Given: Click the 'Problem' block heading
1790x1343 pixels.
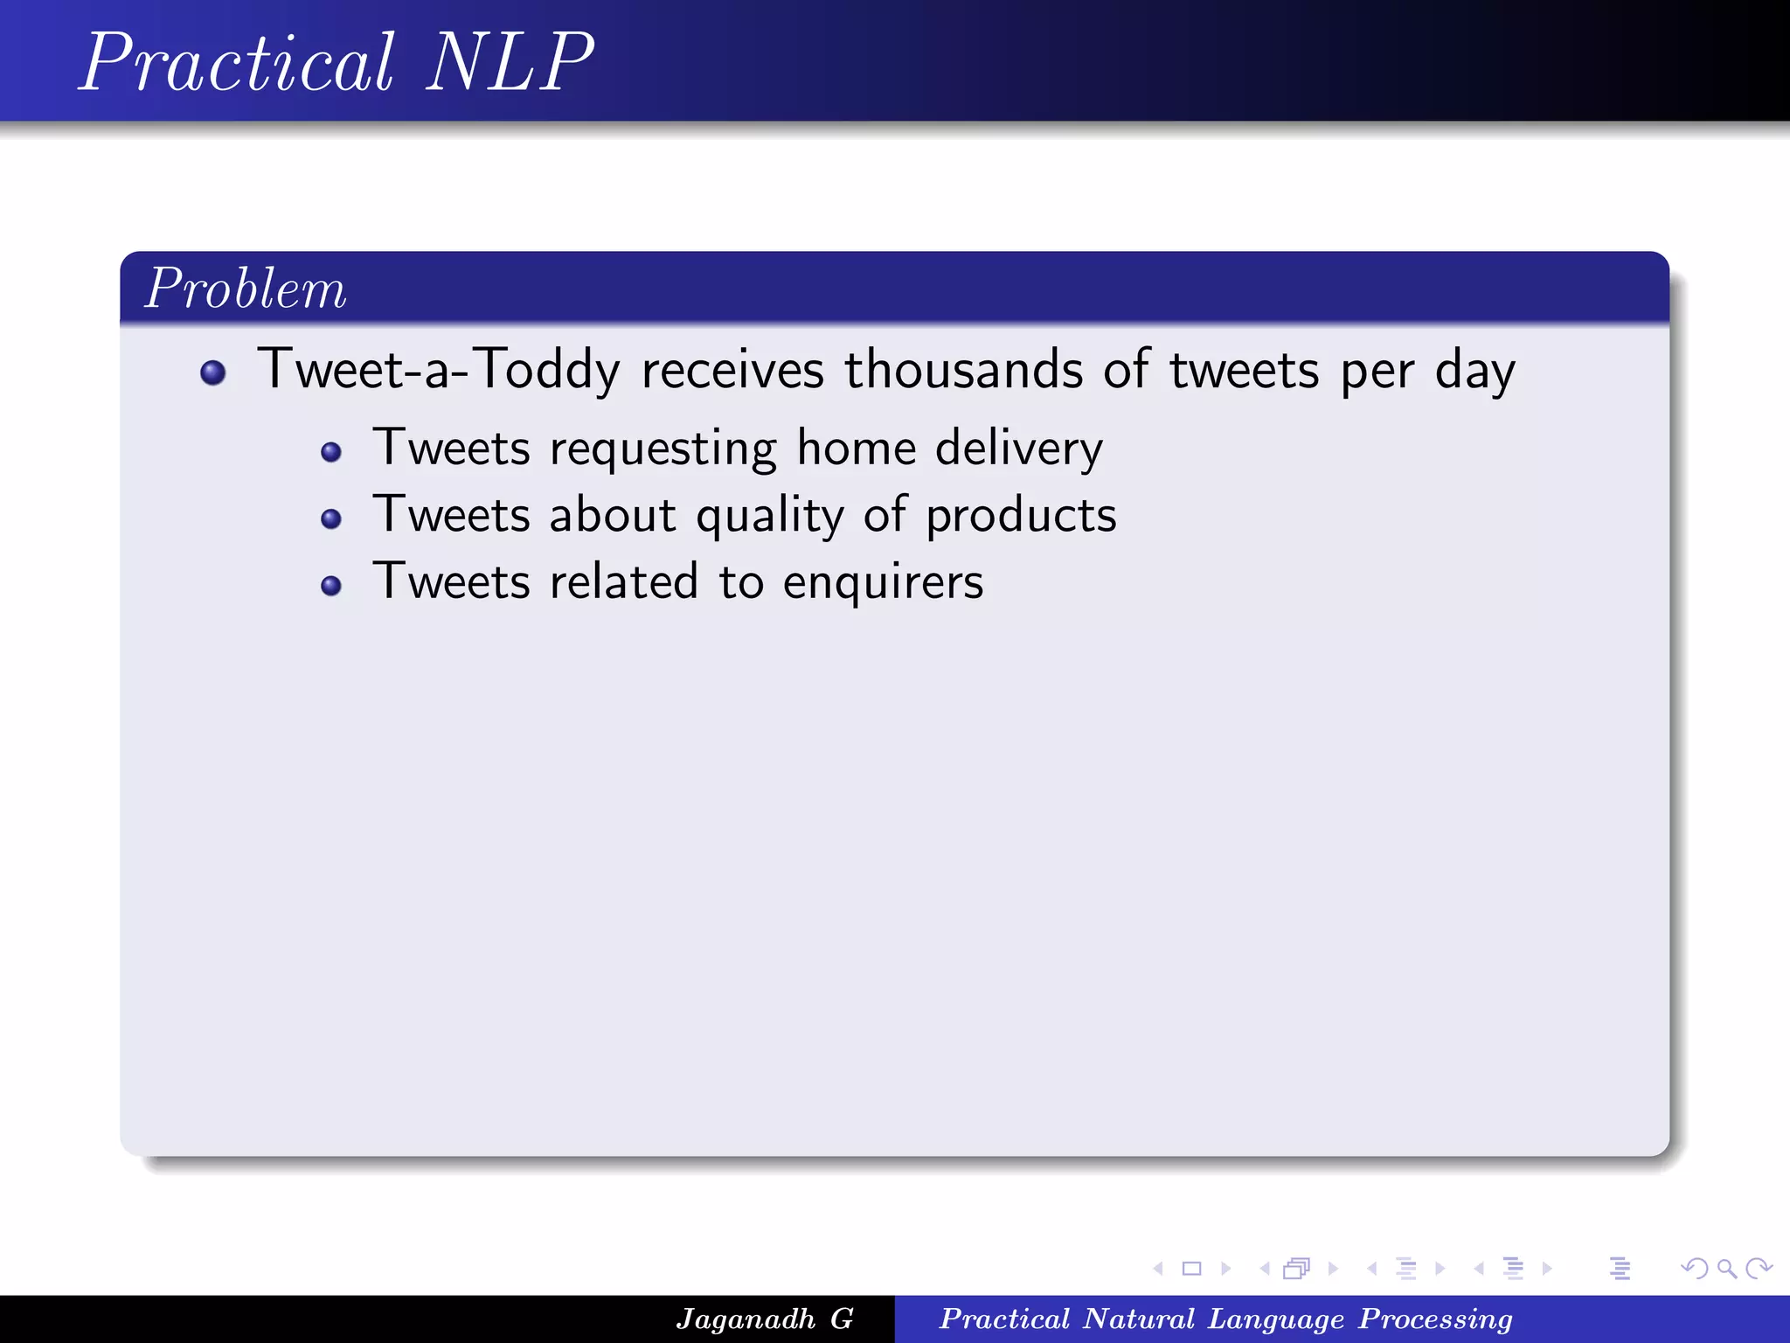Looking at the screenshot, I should (246, 289).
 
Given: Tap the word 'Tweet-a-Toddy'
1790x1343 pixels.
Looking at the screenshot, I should (439, 369).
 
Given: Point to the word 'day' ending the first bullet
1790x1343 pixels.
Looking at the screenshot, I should (1474, 371).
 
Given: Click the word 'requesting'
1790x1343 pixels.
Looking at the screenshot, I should (663, 449).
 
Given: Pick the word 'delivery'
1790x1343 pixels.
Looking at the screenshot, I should (1019, 449).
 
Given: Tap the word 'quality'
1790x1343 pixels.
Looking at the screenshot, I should (769, 516).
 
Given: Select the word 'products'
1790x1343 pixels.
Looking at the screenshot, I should (1021, 516).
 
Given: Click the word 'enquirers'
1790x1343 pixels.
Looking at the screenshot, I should (883, 582).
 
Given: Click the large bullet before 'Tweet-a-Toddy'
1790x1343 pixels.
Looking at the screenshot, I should (213, 373).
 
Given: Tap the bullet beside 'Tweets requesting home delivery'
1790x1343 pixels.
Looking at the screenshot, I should (331, 452).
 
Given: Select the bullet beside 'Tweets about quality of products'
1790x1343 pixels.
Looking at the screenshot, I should (331, 519).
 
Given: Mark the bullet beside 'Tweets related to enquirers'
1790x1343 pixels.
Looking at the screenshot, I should (331, 586).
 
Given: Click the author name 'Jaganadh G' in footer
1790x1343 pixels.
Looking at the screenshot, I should (764, 1319).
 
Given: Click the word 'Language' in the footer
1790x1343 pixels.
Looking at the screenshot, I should (1275, 1319).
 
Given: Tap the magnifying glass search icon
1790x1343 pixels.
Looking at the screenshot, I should (1726, 1268).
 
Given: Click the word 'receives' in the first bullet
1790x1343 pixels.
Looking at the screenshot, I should (732, 369).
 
